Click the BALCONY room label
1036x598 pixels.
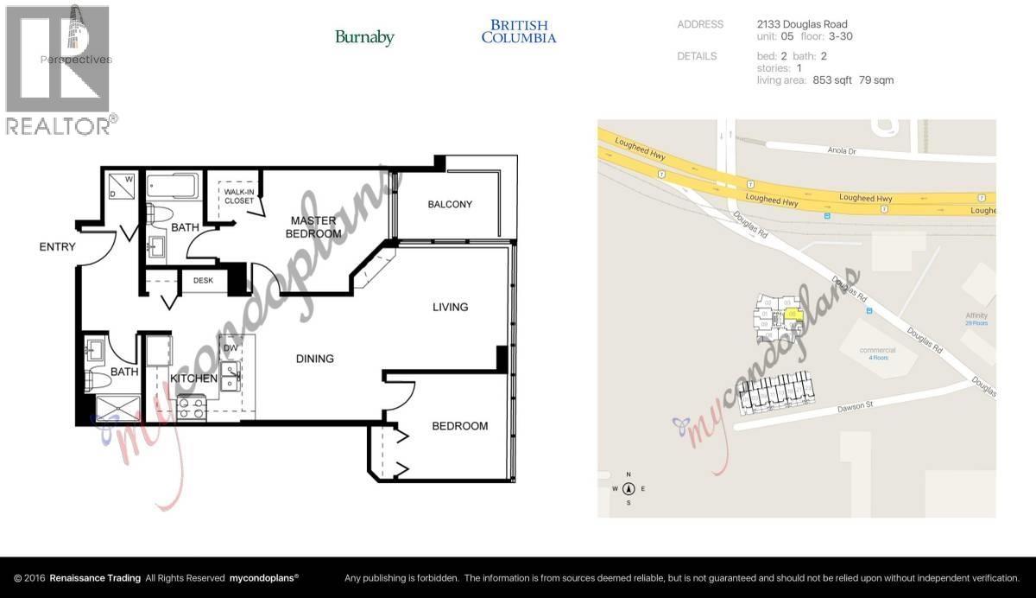click(x=450, y=205)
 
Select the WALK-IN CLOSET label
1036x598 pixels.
click(x=239, y=196)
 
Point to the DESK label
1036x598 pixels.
click(x=203, y=280)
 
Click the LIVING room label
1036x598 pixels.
click(x=450, y=307)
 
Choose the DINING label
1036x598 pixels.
click(x=314, y=359)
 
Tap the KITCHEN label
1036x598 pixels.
click(x=193, y=379)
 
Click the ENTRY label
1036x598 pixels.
click(x=58, y=247)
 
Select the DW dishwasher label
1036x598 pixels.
click(x=231, y=348)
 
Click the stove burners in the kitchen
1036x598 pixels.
click(x=191, y=407)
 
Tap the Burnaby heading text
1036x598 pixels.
click(x=364, y=37)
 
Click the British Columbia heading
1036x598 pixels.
click(x=518, y=32)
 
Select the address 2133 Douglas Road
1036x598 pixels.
click(x=802, y=24)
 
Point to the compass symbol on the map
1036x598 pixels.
click(x=629, y=488)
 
